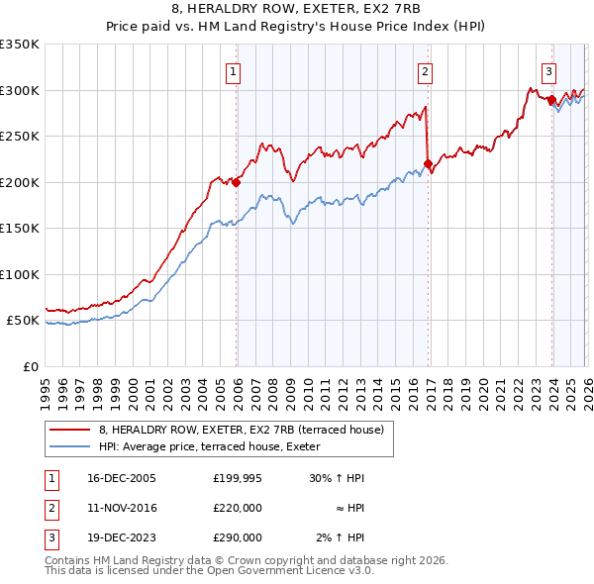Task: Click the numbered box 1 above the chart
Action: (233, 70)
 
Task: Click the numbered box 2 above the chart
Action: (425, 70)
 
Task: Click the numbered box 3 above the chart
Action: (548, 70)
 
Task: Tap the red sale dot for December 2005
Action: (237, 182)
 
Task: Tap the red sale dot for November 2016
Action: (428, 164)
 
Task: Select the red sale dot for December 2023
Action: (551, 100)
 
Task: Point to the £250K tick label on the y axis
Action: (19, 137)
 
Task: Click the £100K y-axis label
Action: (19, 274)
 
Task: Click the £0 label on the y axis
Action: (30, 366)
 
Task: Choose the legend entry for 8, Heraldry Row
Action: (247, 430)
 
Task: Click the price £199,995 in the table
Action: (237, 478)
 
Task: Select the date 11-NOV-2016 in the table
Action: (121, 508)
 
